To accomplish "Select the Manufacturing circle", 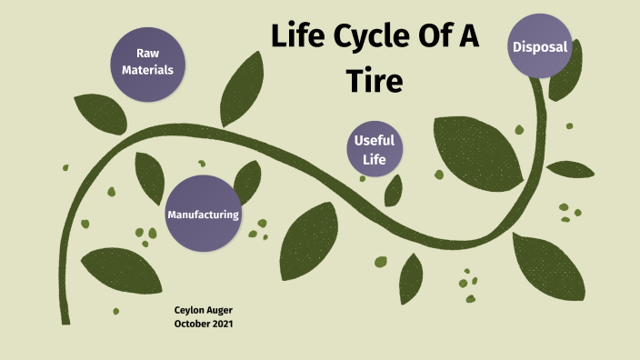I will coord(203,214).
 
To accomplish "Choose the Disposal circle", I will coord(540,46).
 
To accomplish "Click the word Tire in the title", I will coord(375,81).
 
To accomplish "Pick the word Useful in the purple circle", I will coord(375,142).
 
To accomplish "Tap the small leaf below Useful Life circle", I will coord(394,189).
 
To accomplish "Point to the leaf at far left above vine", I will coord(101,110).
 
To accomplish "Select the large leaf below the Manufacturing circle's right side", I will coord(308,241).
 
